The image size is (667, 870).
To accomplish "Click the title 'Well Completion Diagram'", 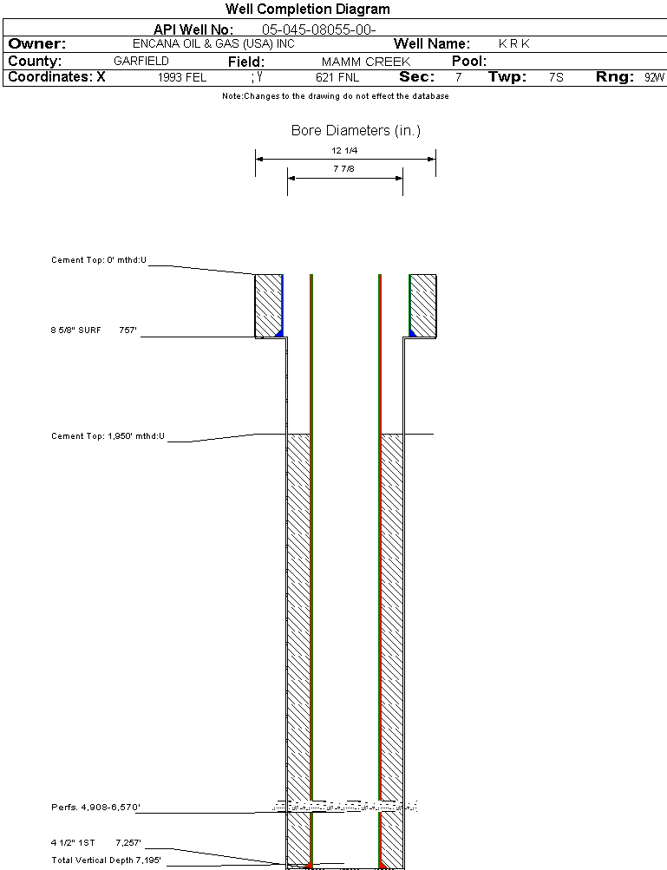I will [x=307, y=10].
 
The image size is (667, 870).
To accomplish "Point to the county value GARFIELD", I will [x=141, y=62].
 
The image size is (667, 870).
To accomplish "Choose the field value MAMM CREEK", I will [x=365, y=62].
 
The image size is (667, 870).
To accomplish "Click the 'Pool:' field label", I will [x=469, y=62].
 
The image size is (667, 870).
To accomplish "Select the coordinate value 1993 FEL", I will [x=182, y=78].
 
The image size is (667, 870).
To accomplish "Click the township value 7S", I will [x=556, y=78].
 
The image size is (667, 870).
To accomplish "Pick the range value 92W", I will [x=654, y=78].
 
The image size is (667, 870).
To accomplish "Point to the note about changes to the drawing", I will [x=335, y=96].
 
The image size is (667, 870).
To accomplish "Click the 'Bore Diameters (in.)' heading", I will [x=356, y=131].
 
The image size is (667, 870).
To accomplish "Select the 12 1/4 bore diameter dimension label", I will [x=344, y=151].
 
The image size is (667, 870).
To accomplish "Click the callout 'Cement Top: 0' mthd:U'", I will [x=99, y=260].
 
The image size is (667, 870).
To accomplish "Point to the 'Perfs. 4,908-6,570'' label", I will [x=95, y=808].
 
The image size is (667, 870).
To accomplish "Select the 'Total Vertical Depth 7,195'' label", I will [x=106, y=860].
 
